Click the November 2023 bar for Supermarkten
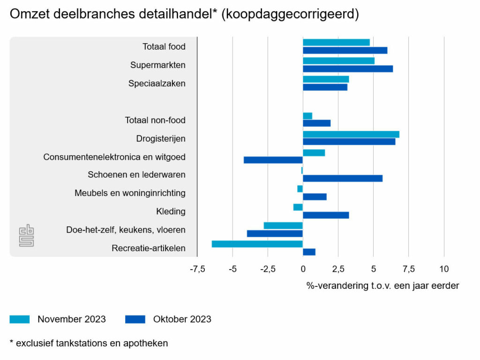[x=338, y=61]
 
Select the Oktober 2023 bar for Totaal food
[x=345, y=51]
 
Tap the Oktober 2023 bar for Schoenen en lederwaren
[x=343, y=179]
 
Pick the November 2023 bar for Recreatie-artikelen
[x=257, y=244]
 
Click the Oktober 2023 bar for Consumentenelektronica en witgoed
[x=273, y=160]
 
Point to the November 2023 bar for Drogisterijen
[x=351, y=135]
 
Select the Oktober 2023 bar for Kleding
[x=326, y=215]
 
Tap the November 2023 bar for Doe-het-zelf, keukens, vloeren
[x=283, y=225]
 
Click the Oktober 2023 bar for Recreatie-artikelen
[x=309, y=252]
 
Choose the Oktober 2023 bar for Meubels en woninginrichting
[x=315, y=197]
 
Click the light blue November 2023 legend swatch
[x=20, y=319]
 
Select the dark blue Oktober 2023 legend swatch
[x=135, y=319]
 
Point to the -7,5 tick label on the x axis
[x=197, y=269]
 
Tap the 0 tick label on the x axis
[x=303, y=269]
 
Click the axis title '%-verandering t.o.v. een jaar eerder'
[x=382, y=285]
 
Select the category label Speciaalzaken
[x=157, y=83]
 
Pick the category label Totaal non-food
[x=155, y=120]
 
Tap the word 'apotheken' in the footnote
[x=145, y=343]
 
